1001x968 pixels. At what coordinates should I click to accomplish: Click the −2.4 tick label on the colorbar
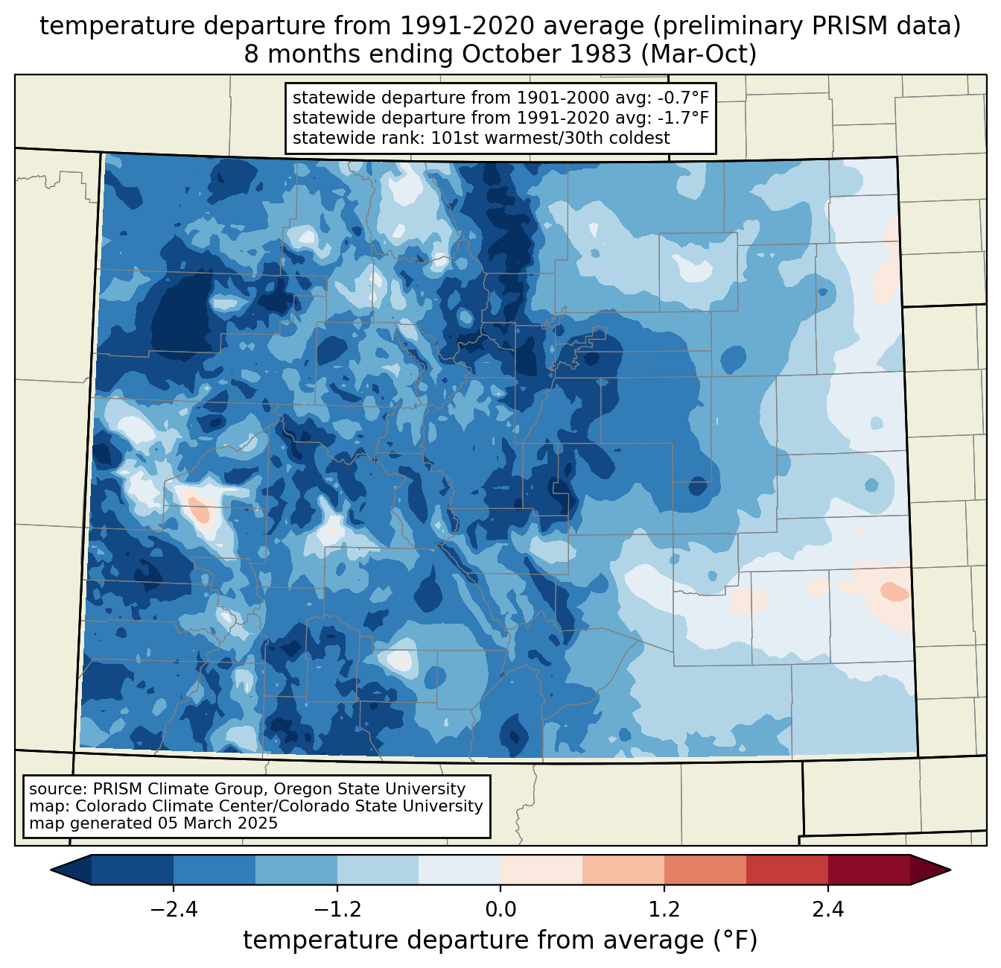(x=174, y=910)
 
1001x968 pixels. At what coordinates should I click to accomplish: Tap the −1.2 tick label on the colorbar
(x=337, y=910)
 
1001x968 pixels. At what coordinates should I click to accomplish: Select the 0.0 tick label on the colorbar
(x=500, y=910)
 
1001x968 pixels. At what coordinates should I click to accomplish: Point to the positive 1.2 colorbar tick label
(x=664, y=910)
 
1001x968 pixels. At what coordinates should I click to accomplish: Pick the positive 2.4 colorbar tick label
(x=827, y=910)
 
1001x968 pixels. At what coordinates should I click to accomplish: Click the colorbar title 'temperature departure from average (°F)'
(x=500, y=940)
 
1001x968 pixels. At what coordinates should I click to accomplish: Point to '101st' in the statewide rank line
(x=451, y=138)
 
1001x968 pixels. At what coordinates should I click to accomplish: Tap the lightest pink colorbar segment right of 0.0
(x=541, y=870)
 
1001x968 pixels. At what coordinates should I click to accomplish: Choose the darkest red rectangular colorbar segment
(x=868, y=870)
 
